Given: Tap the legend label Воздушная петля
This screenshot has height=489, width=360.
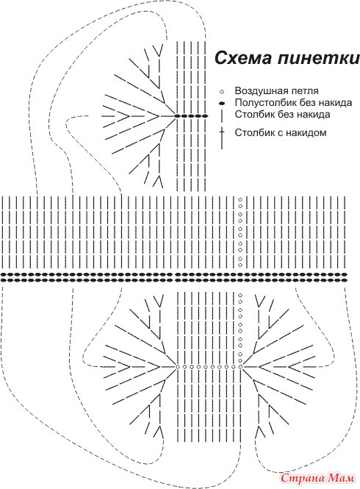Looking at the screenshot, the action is pos(276,90).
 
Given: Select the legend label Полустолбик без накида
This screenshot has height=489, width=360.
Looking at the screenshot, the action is pos(293,103).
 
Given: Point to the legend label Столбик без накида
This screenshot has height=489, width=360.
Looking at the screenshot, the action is pos(282,114).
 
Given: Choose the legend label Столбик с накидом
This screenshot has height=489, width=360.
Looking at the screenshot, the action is pos(281,132).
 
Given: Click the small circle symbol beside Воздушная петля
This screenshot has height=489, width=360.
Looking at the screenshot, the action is pos(222,92).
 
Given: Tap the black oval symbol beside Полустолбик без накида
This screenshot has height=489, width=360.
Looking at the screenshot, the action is pos(222,103).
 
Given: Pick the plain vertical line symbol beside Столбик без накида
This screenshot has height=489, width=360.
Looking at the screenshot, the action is pos(222,115).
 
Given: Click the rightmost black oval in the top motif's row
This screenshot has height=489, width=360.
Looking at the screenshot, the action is pos(205,116).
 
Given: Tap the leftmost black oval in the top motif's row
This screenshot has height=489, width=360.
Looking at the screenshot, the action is pos(177,116).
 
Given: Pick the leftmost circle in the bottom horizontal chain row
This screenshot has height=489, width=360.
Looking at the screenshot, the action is pos(178,366).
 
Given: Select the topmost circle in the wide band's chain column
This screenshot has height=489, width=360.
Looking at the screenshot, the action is pos(240,199).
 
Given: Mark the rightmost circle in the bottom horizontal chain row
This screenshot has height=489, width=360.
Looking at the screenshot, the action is pos(240,366).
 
